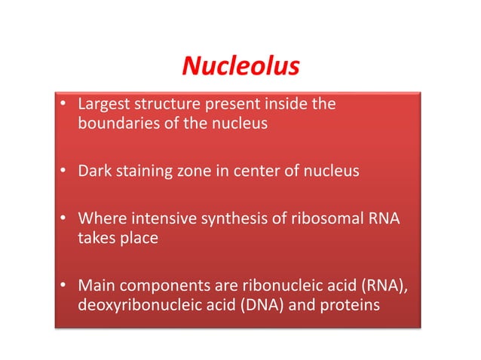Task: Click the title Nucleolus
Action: (x=240, y=68)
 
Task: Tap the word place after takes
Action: (x=140, y=239)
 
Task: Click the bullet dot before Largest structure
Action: (x=66, y=105)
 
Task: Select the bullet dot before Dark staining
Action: (x=66, y=172)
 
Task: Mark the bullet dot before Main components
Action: (x=66, y=288)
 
